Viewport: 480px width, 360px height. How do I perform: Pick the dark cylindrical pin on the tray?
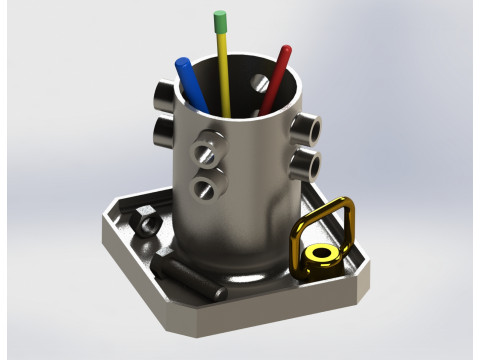(x=188, y=277)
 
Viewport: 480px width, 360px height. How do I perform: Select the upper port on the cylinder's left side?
(x=163, y=96)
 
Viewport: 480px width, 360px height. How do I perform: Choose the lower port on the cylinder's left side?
(x=163, y=131)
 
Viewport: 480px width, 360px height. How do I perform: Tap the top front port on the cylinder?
(x=213, y=139)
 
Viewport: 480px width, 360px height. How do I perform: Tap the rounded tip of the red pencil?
(x=286, y=49)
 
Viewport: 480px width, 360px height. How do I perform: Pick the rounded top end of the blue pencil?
(x=182, y=63)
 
